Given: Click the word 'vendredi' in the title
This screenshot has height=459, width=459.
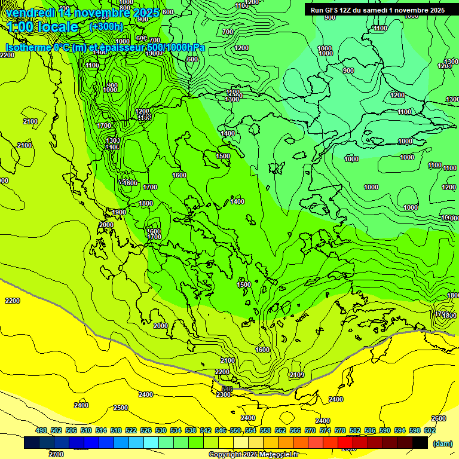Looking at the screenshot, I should click(x=31, y=13).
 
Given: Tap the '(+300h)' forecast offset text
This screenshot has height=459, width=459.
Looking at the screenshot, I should click(x=106, y=26).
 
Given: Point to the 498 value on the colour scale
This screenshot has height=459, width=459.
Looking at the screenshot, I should click(x=41, y=430).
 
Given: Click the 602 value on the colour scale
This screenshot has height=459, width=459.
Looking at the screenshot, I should click(x=430, y=430).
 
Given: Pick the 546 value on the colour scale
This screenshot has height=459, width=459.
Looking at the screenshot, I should click(x=221, y=430).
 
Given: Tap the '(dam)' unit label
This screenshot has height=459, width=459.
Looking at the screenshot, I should click(x=442, y=443).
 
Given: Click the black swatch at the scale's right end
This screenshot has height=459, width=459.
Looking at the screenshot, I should click(x=420, y=443).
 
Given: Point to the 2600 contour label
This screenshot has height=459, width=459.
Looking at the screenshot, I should click(x=439, y=418).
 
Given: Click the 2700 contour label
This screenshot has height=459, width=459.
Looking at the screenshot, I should click(x=56, y=454).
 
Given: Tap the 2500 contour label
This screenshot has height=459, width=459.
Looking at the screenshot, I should click(x=121, y=408).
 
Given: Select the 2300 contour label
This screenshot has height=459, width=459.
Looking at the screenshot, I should click(x=224, y=394).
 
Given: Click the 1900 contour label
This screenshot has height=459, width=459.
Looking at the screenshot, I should click(x=119, y=212).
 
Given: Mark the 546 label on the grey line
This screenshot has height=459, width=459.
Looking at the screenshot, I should click(x=227, y=389).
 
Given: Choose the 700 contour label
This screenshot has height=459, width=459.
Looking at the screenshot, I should click(x=227, y=32).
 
